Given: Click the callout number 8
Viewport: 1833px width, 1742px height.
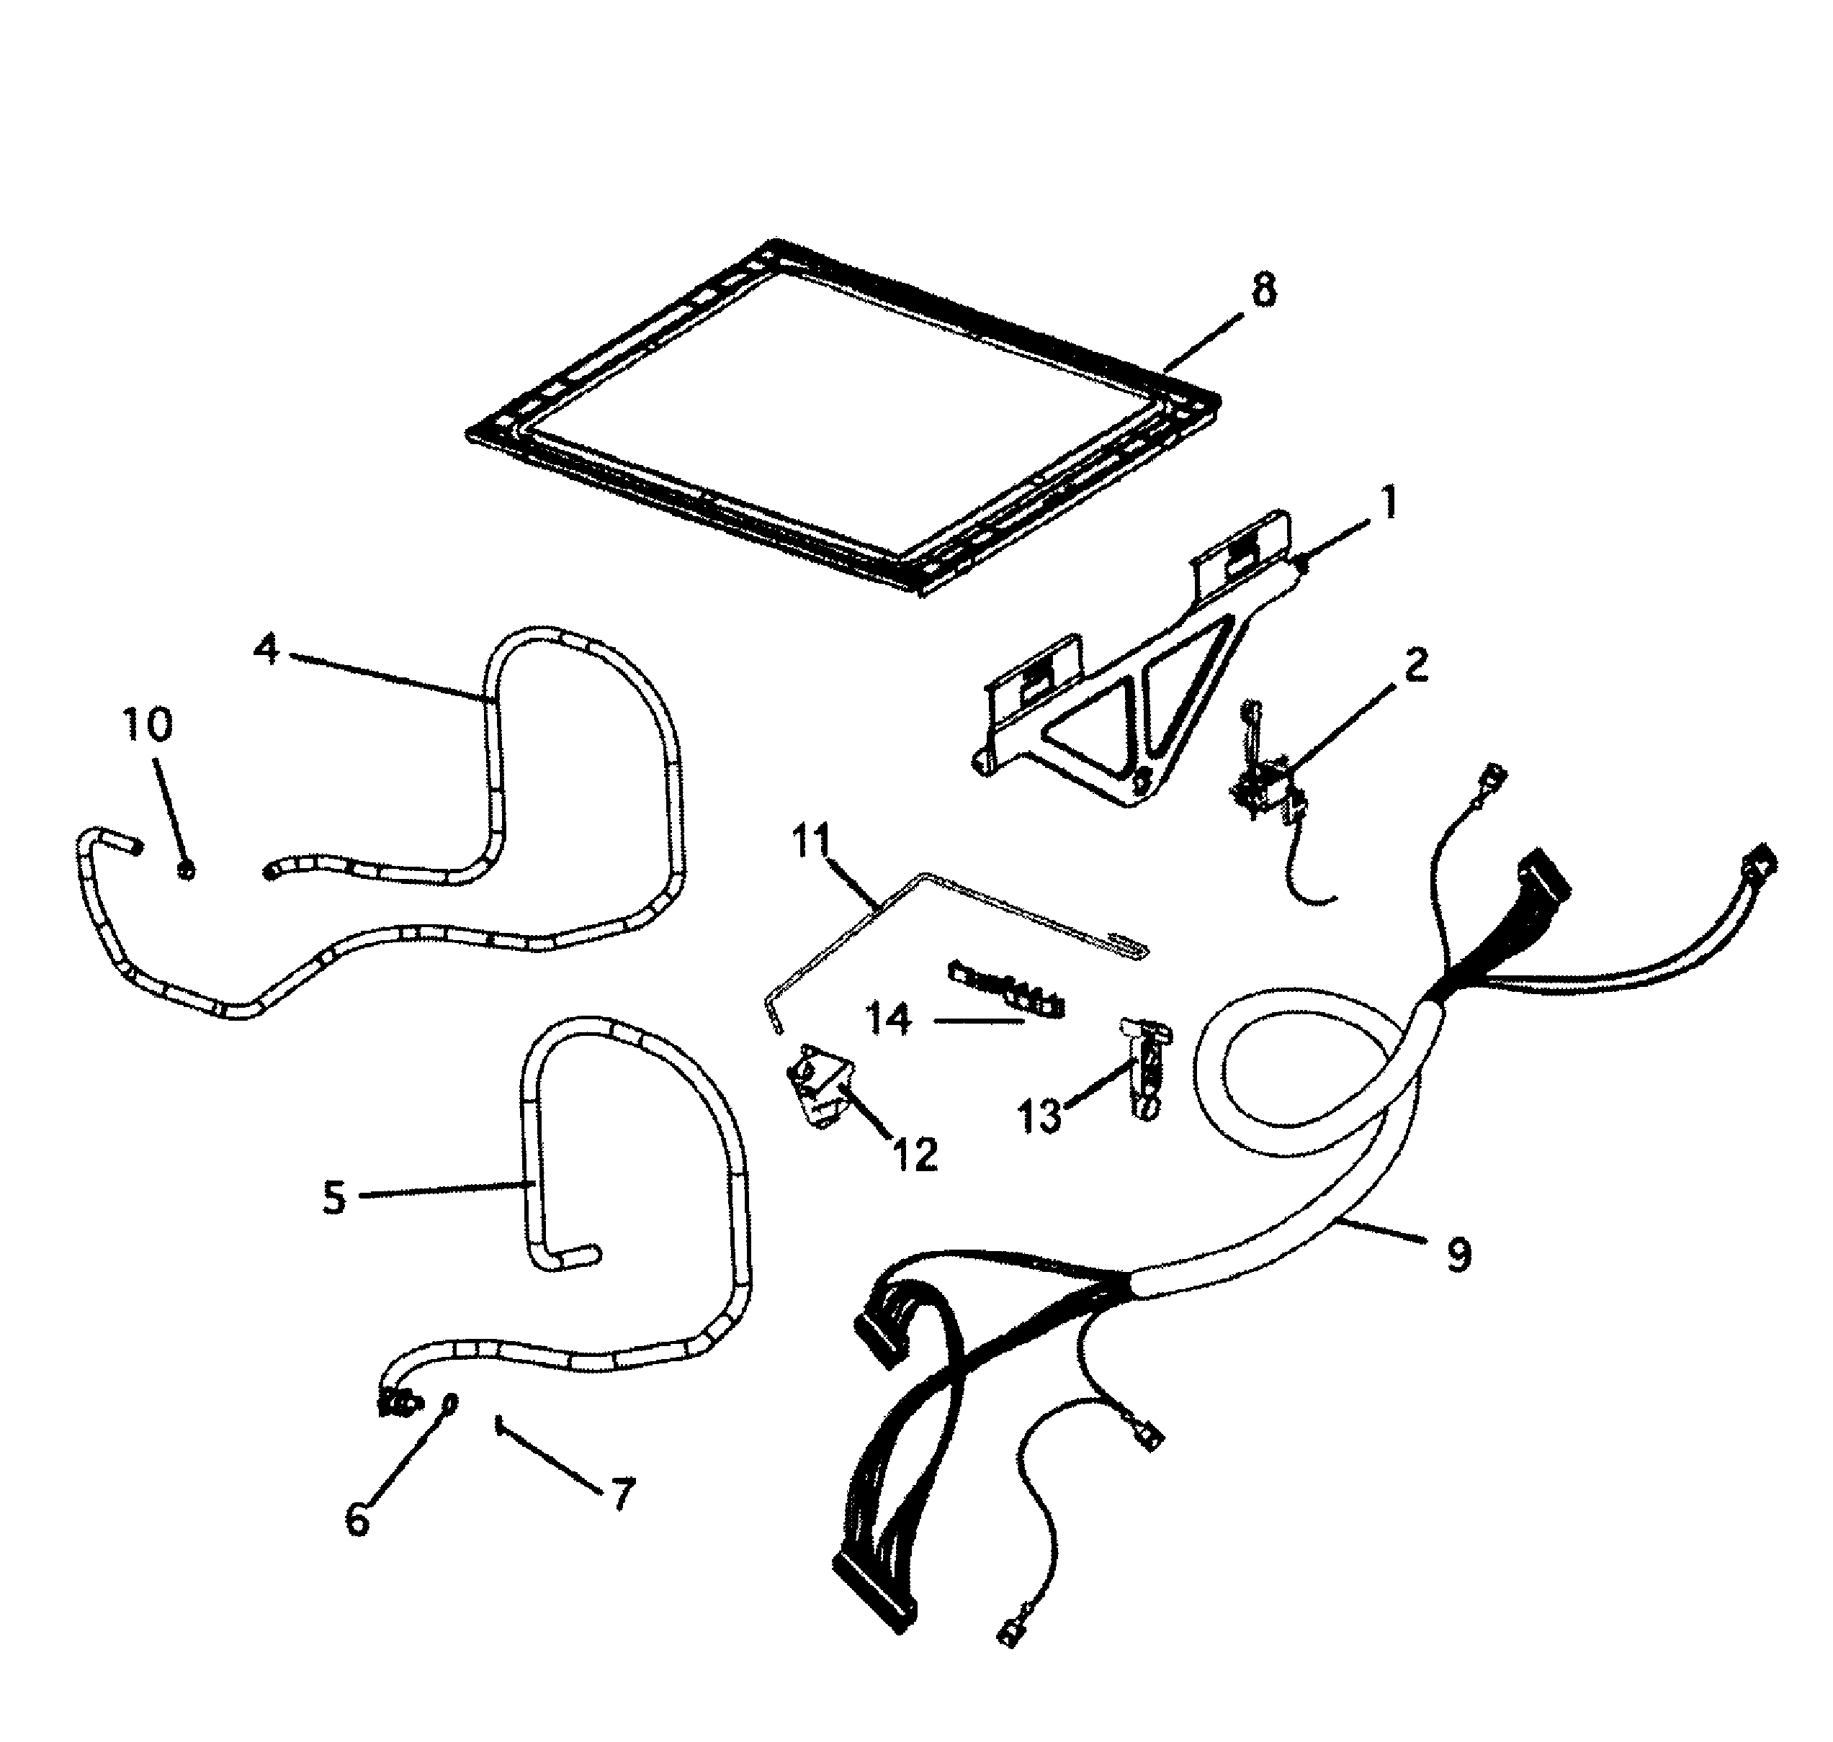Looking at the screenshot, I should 1263,291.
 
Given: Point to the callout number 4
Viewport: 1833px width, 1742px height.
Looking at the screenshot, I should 266,649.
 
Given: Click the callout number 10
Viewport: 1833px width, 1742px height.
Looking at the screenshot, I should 148,723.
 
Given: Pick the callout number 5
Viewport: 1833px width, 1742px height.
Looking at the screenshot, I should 333,1198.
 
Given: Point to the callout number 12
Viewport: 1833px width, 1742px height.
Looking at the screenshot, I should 915,1154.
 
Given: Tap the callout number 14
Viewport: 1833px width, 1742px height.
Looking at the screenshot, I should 889,1019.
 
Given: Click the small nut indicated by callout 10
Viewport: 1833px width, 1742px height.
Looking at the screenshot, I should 186,870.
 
